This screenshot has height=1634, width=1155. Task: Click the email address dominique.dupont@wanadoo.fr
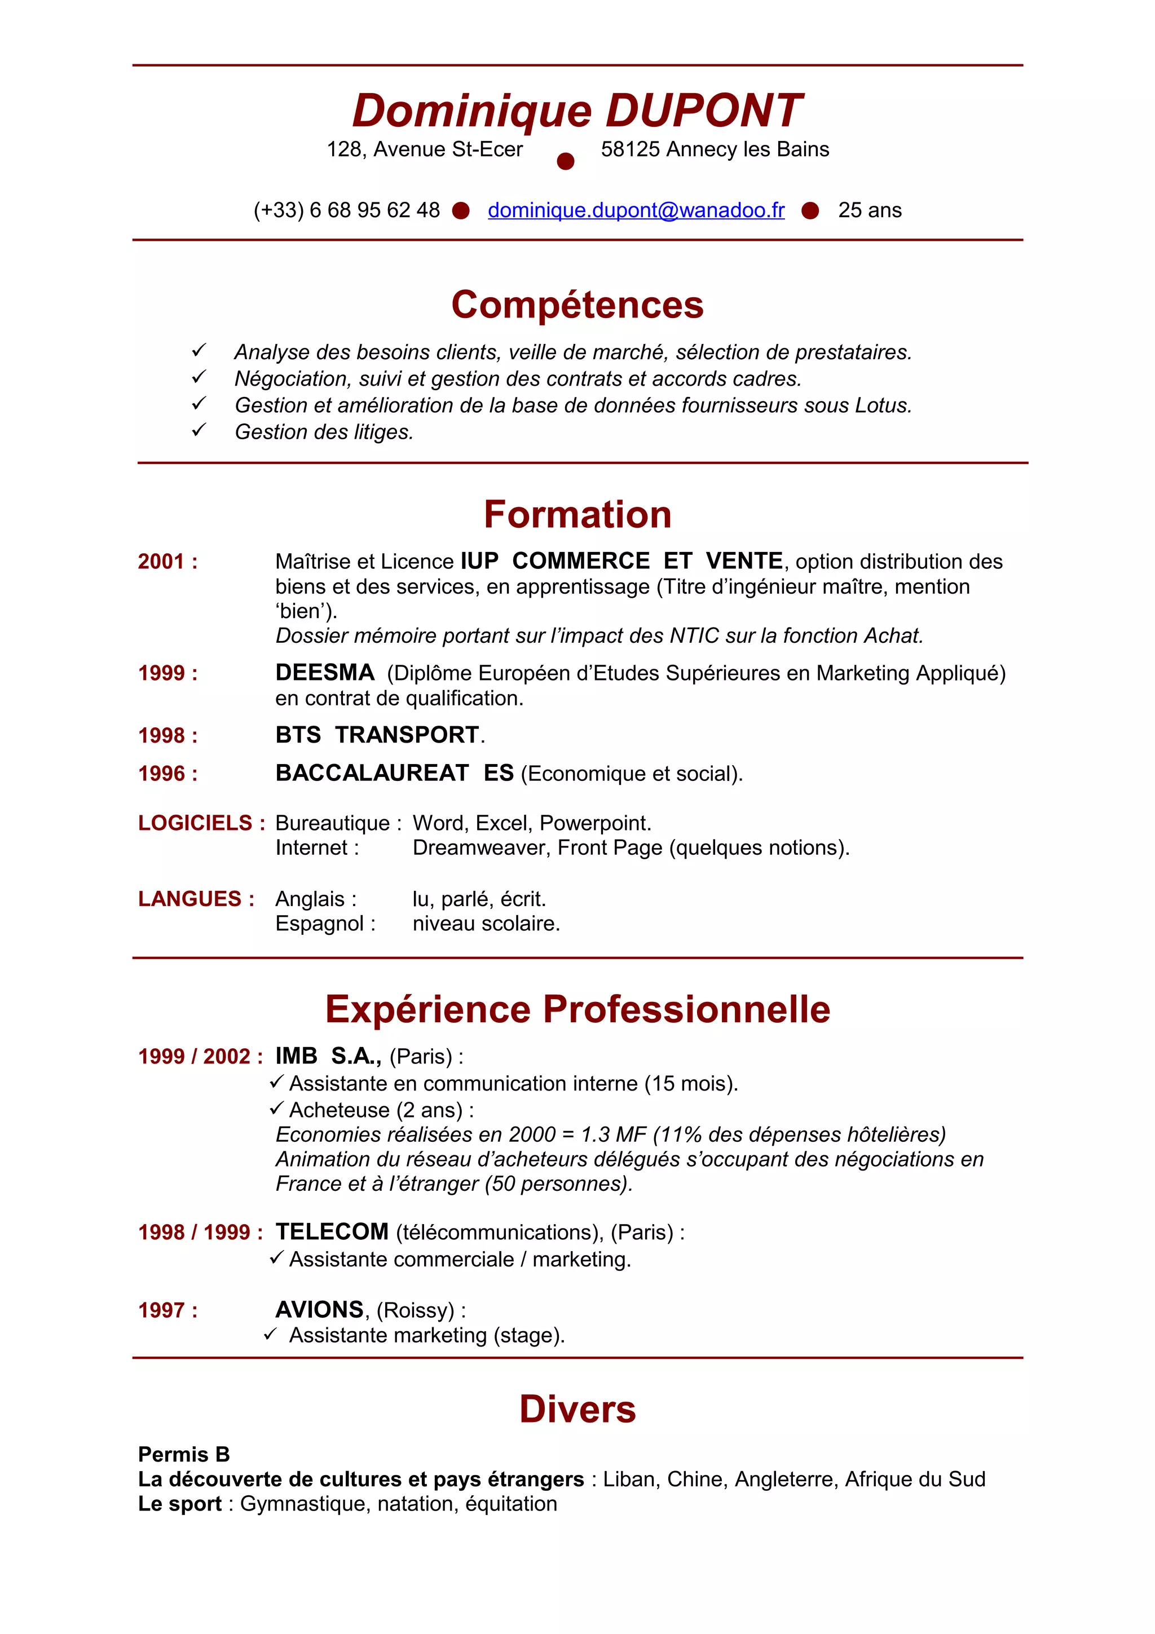[x=636, y=211]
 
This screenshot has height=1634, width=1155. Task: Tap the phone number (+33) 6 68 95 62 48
[x=347, y=211]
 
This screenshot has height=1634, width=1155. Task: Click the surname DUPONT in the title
[x=703, y=111]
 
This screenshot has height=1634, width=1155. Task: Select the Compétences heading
[x=577, y=305]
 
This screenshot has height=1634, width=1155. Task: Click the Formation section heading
[x=577, y=515]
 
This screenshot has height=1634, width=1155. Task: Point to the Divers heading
[x=577, y=1409]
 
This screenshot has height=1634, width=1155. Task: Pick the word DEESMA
[x=324, y=673]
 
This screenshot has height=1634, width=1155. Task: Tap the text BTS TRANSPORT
[x=377, y=735]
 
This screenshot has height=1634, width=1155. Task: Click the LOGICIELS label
[x=195, y=823]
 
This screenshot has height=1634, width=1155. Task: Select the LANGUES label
[x=190, y=899]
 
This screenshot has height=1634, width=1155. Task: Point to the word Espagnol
[x=320, y=924]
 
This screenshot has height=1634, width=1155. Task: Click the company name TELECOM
[x=332, y=1232]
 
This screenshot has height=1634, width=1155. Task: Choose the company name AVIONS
[x=320, y=1309]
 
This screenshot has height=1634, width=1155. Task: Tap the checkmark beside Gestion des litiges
[x=199, y=431]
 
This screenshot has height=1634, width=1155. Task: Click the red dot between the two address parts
[x=565, y=162]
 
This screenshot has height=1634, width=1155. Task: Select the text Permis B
[x=184, y=1454]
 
